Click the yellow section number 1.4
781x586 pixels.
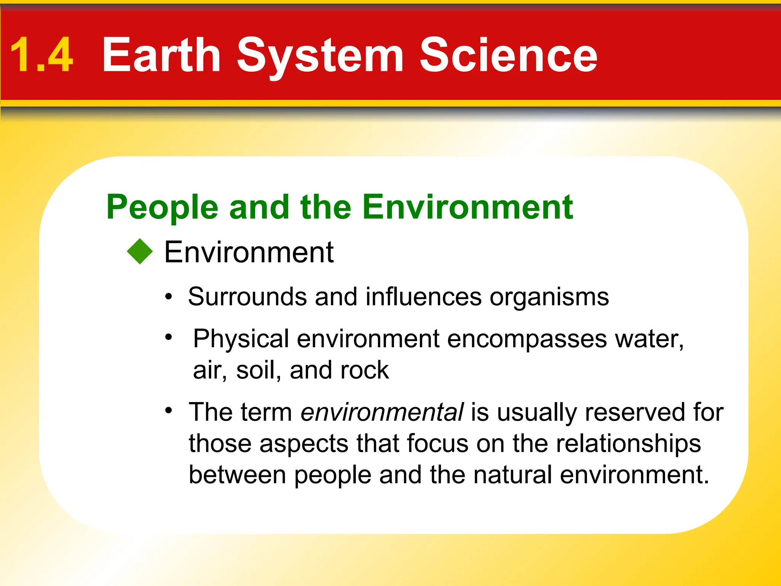[41, 55]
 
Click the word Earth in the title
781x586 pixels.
[162, 55]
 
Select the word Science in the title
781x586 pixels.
[508, 55]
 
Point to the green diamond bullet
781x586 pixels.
[140, 251]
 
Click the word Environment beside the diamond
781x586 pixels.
[249, 252]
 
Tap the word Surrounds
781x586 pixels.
[247, 296]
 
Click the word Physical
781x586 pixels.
[241, 339]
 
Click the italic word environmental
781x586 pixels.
[382, 412]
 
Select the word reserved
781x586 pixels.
[635, 412]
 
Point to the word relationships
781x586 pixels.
[628, 444]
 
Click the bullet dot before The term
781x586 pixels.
[169, 411]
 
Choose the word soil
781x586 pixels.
[256, 370]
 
